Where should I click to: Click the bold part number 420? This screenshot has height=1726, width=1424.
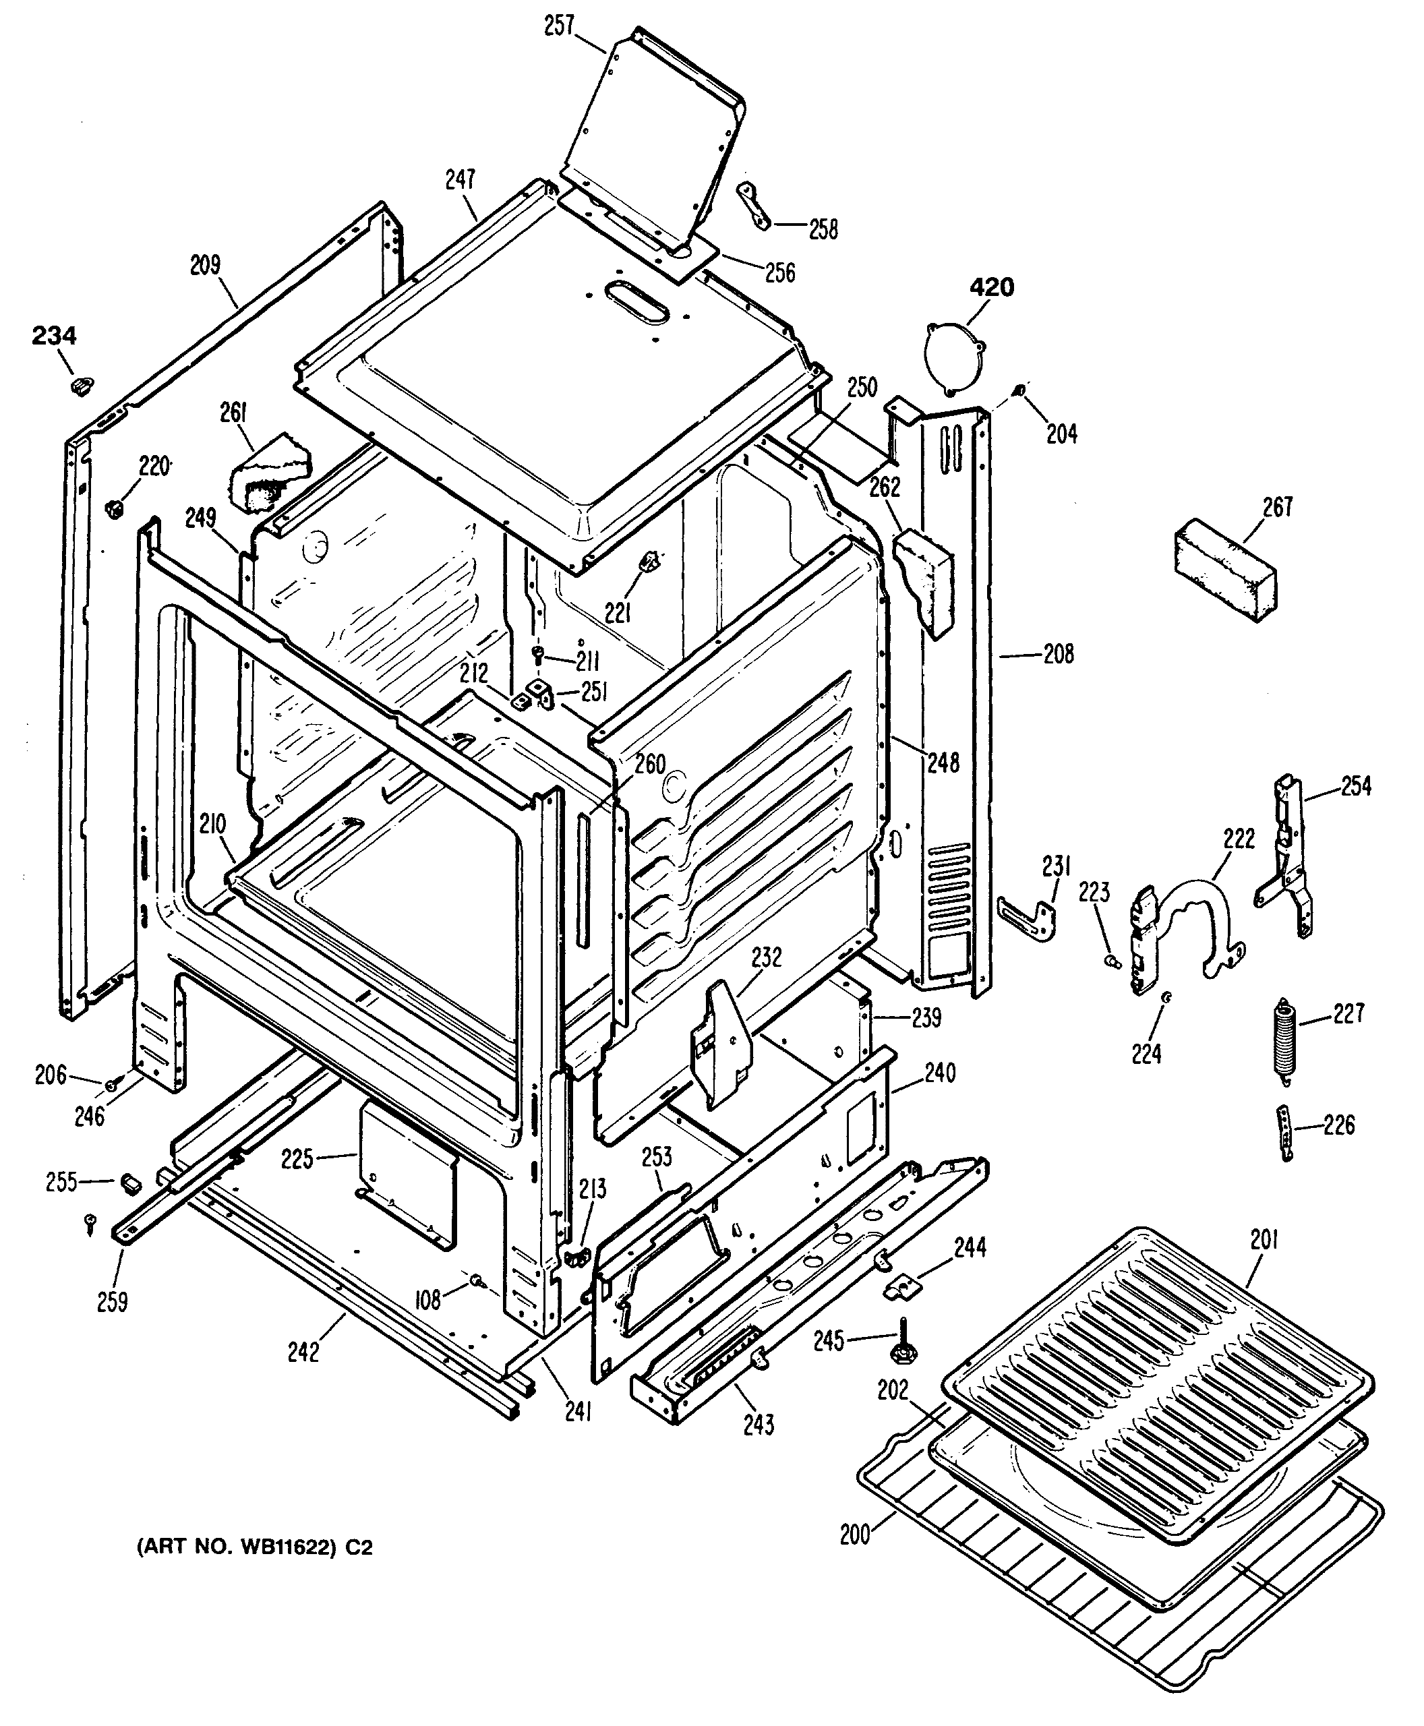992,288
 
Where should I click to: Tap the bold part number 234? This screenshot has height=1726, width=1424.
54,336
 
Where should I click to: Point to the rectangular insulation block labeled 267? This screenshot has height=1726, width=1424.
1224,570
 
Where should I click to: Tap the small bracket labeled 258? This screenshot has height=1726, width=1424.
754,207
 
